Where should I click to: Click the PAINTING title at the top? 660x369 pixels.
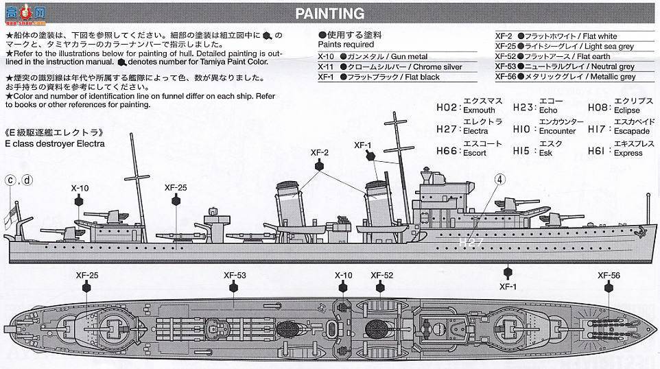(x=329, y=14)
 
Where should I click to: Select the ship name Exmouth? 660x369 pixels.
(x=480, y=110)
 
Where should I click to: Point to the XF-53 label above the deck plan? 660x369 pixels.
(x=235, y=276)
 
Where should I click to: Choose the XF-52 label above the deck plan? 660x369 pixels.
(x=381, y=276)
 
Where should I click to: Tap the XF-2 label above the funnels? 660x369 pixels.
(x=320, y=152)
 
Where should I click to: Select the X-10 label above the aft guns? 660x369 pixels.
(x=80, y=187)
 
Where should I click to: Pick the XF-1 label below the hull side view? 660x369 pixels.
(x=508, y=287)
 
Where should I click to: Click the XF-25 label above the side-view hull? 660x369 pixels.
(x=176, y=187)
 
